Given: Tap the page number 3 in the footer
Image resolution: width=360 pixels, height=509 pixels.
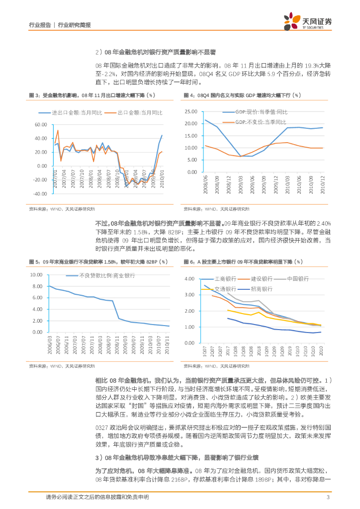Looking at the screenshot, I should point(328,497).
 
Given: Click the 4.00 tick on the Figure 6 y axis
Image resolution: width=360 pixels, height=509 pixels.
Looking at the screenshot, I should point(191,279).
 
